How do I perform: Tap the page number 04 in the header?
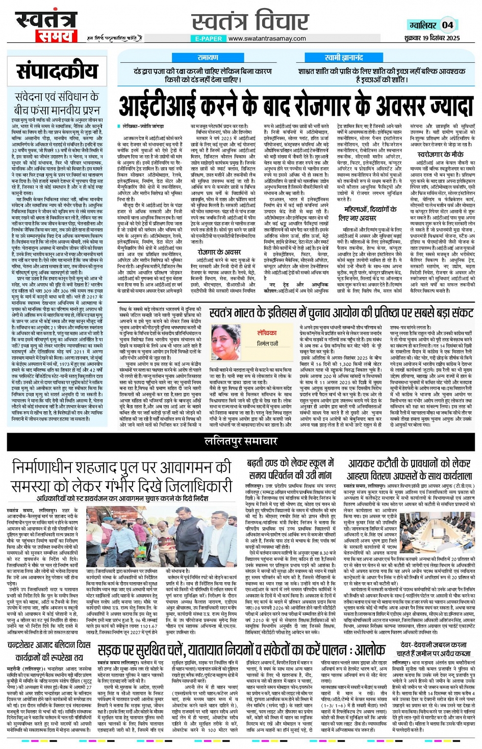(447, 24)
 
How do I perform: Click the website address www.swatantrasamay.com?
(267, 38)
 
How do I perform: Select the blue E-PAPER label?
(208, 38)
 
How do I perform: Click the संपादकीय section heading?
(57, 72)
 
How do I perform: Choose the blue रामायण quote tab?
(208, 58)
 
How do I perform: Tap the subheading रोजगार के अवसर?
(219, 252)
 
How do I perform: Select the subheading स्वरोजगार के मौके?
(440, 154)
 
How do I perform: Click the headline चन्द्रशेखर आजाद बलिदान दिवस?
(49, 645)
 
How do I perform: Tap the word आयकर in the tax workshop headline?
(363, 463)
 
